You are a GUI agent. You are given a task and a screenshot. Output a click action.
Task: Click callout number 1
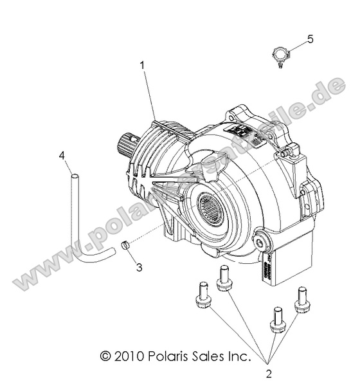pos(142,66)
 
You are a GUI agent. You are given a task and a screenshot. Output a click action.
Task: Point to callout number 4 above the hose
pos(62,155)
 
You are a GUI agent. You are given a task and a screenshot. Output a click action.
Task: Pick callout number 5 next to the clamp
pos(310,39)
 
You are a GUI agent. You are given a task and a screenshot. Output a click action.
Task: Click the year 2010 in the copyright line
pos(132,355)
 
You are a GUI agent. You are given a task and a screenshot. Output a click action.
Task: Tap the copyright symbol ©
pos(105,355)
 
